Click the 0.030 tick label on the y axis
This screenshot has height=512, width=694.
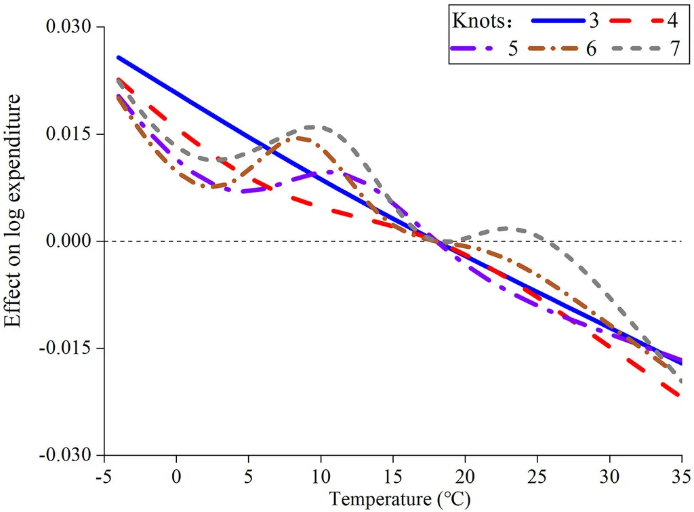coord(68,26)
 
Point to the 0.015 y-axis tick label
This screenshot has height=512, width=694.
coord(68,134)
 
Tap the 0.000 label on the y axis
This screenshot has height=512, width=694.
coord(68,241)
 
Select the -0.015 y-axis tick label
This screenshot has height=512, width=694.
coord(66,348)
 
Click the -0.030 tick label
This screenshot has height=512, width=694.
coord(66,455)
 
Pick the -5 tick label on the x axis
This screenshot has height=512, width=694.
coord(104,477)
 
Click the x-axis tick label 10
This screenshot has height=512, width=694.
coord(321,477)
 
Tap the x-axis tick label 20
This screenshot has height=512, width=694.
coord(465,477)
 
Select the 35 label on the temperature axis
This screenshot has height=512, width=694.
coord(682,477)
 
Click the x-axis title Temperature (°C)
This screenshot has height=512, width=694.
coord(400,500)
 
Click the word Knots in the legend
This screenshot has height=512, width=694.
coord(478,21)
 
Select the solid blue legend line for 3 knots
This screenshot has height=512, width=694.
coord(558,20)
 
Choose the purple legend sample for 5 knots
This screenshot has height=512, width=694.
coord(472,48)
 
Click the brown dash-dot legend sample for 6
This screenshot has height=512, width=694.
coord(553,48)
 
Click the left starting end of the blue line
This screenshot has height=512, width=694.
coord(118,58)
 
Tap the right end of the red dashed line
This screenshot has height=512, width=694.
coord(678,394)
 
